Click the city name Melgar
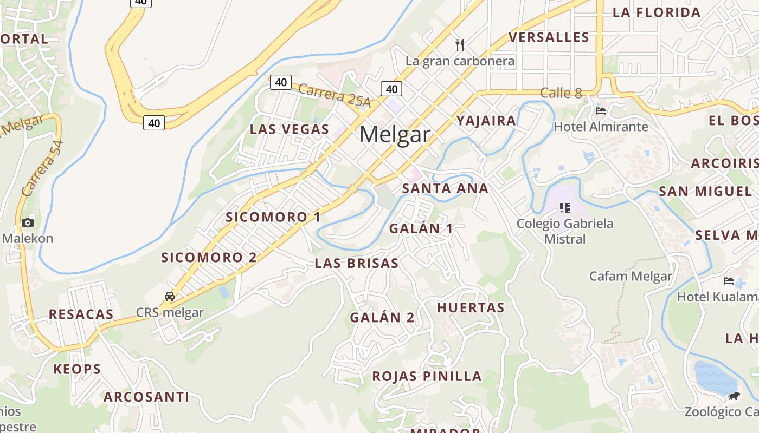pos(395,134)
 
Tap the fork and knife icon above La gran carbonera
pos(460,44)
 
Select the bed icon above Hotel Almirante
pos(601,111)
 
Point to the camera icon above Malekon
pos(28,222)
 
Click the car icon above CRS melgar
pos(170,297)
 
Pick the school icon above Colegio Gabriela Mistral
pos(565,208)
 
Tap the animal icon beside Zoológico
pos(734,396)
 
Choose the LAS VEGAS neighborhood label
pos(290,129)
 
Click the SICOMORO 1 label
pos(273,217)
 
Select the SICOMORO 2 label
pos(209,257)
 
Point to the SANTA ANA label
pos(445,188)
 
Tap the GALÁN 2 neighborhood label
pos(382,318)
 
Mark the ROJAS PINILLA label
pos(427,376)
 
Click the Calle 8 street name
pos(561,93)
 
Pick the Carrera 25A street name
pos(334,95)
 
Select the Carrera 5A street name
pos(42,168)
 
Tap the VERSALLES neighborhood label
pos(549,37)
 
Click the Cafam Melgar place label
pos(631,277)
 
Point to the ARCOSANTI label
pos(146,397)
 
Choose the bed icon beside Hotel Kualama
pos(729,281)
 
